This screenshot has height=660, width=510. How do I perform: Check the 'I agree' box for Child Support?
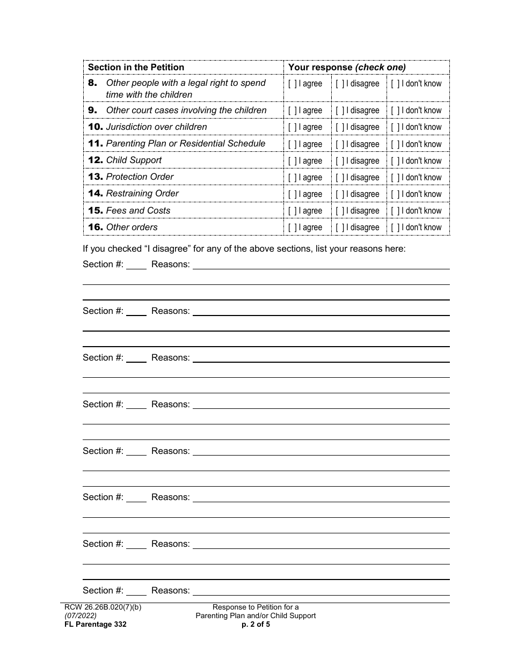tap(293, 161)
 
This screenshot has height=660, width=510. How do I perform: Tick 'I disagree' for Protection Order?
tap(340, 178)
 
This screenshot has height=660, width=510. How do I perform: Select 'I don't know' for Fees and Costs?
tap(395, 211)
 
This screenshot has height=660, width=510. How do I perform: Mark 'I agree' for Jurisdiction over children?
tap(293, 127)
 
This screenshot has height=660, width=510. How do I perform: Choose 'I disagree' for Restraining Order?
tap(340, 194)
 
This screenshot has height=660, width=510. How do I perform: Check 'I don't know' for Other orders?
tap(395, 228)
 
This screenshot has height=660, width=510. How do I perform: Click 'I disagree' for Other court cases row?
tap(340, 111)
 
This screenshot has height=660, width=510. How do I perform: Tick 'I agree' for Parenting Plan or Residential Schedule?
tap(293, 144)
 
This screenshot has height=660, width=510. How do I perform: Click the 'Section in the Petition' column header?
tap(136, 67)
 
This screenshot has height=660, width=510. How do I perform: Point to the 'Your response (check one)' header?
tap(347, 67)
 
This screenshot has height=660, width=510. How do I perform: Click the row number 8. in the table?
tap(93, 83)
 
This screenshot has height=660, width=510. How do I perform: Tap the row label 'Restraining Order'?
tap(142, 193)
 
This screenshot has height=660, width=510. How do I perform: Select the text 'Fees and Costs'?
tap(138, 210)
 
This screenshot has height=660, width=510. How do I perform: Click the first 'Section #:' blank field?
tap(136, 264)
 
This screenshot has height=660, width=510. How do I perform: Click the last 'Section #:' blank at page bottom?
tap(136, 590)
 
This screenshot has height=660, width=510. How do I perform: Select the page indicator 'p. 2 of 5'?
tap(256, 624)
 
